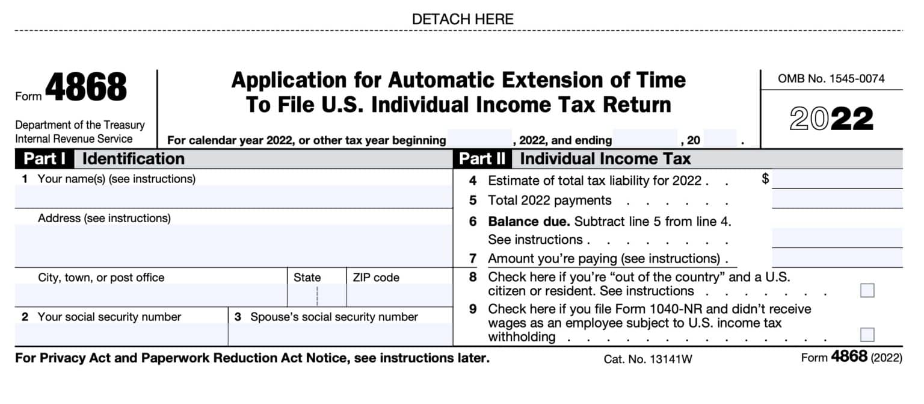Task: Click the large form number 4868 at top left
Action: coord(85,88)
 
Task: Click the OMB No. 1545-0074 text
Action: coord(831,79)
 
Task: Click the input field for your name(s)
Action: coord(233,196)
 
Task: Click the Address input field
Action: coord(233,245)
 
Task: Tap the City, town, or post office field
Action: coord(150,295)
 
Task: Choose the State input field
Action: coord(316,295)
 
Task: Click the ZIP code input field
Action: coord(399,295)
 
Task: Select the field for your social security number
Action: coord(121,334)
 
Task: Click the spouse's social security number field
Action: coord(340,334)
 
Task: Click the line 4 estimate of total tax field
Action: coord(837,179)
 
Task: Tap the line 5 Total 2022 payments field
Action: coord(837,199)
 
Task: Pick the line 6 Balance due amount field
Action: coord(837,238)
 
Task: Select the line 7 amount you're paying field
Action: coord(837,258)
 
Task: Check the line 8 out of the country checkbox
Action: coord(867,291)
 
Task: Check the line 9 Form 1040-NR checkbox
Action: coord(867,335)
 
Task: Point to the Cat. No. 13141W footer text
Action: coord(648,359)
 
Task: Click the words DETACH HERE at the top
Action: coord(462,19)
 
